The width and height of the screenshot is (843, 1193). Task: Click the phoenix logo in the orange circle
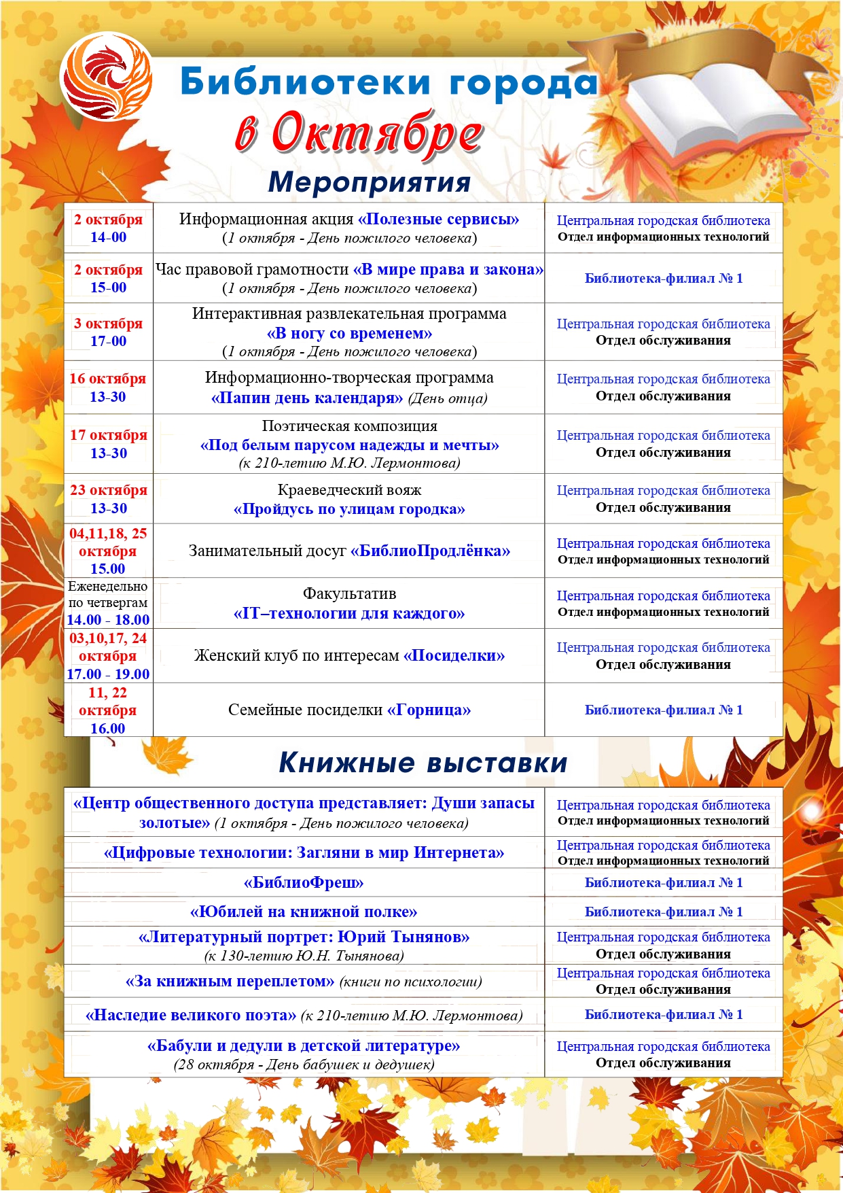(106, 76)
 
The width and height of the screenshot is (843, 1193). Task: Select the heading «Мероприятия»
(370, 182)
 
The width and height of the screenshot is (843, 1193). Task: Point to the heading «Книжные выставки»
(423, 763)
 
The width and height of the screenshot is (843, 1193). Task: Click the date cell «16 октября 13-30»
(108, 387)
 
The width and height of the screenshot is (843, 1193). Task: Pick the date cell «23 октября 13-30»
(109, 499)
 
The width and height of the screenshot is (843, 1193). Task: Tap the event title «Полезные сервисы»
(438, 220)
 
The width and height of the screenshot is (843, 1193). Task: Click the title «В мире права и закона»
(448, 270)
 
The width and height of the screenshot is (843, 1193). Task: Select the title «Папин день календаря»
(307, 398)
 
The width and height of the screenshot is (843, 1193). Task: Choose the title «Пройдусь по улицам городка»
(349, 509)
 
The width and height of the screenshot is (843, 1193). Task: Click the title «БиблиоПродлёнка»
(430, 551)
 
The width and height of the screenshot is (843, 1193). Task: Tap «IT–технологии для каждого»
(349, 613)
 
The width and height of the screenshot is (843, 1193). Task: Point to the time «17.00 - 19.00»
(108, 674)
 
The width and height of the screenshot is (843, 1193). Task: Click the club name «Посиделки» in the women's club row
(454, 656)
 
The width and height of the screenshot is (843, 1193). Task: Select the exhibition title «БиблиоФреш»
(304, 883)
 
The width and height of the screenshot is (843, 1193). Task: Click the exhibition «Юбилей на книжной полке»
(304, 912)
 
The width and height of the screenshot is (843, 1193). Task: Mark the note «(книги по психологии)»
(410, 982)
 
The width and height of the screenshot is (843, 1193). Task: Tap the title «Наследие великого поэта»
(191, 1015)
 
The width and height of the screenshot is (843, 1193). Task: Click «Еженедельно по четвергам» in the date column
(108, 594)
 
